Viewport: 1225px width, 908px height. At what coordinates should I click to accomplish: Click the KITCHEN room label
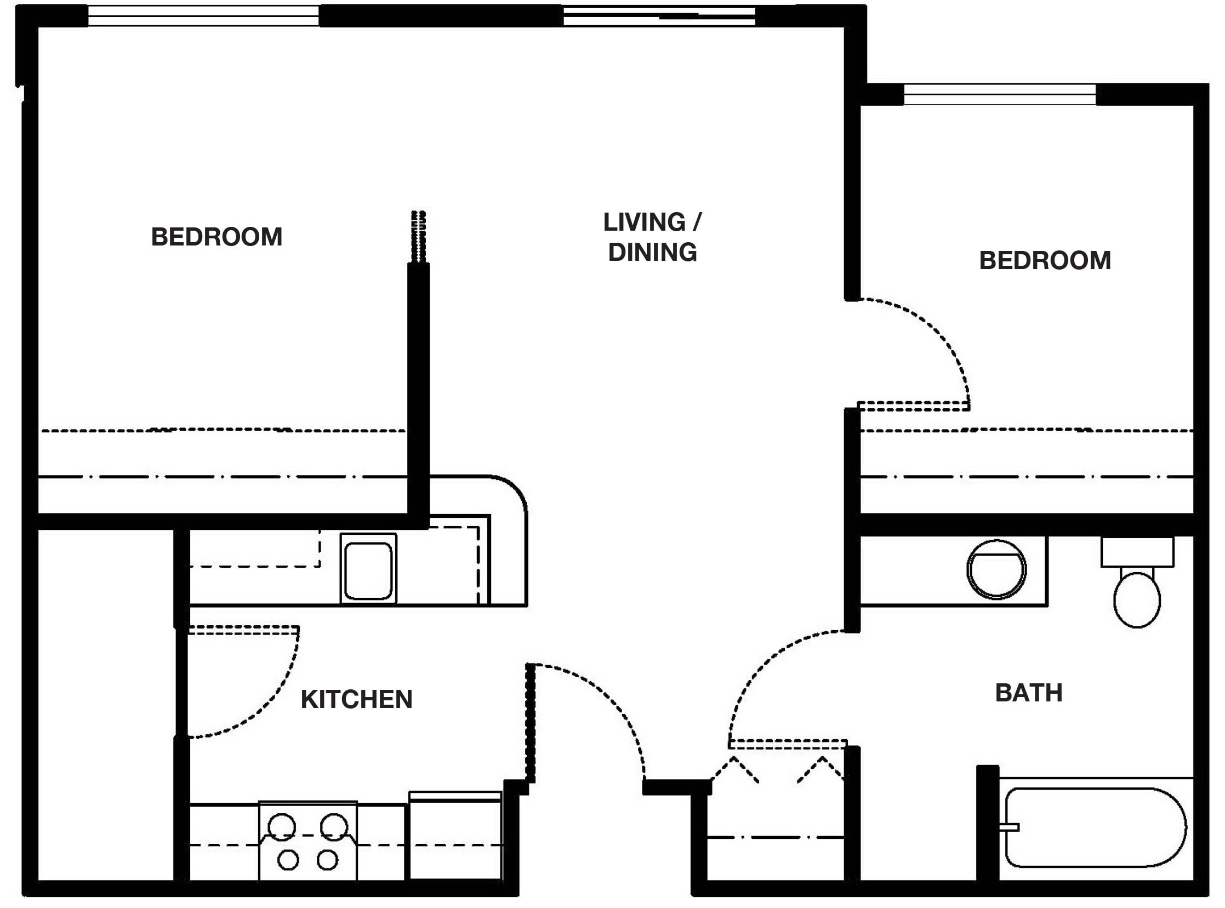coord(356,700)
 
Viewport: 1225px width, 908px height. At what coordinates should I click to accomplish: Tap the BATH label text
coord(1028,693)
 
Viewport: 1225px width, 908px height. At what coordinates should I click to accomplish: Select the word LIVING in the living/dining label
coord(644,222)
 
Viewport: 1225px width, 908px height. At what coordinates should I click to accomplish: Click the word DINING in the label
coord(652,252)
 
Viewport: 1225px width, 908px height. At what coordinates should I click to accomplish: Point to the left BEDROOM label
coord(216,237)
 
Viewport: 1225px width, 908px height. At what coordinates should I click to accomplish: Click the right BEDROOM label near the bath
coord(1045,260)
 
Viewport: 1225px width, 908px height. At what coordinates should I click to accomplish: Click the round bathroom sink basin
coord(996,569)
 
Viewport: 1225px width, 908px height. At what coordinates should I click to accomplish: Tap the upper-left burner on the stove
coord(282,826)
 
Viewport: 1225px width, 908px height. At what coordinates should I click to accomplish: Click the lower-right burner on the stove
coord(327,860)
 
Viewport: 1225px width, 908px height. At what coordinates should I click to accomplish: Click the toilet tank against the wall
coord(1137,552)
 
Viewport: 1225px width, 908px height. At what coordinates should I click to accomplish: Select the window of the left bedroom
coord(203,16)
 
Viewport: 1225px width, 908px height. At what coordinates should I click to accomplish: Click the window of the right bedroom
coord(999,95)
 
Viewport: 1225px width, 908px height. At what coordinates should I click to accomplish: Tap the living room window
coord(659,16)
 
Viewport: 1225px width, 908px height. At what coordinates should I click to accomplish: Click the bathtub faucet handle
coord(1010,827)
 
